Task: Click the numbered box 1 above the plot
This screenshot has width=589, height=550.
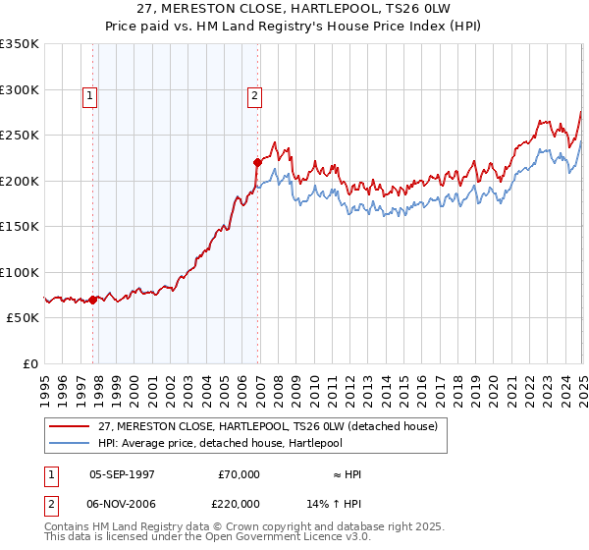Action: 89,96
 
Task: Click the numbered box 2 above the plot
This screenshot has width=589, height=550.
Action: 254,96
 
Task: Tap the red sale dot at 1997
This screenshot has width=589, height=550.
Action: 93,300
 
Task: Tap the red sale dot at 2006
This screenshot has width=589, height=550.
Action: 257,162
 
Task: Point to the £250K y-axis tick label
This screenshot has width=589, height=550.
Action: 20,135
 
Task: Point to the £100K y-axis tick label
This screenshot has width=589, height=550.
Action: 20,272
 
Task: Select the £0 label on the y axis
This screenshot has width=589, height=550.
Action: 29,363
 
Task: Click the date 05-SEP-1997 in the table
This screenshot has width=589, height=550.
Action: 122,474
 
